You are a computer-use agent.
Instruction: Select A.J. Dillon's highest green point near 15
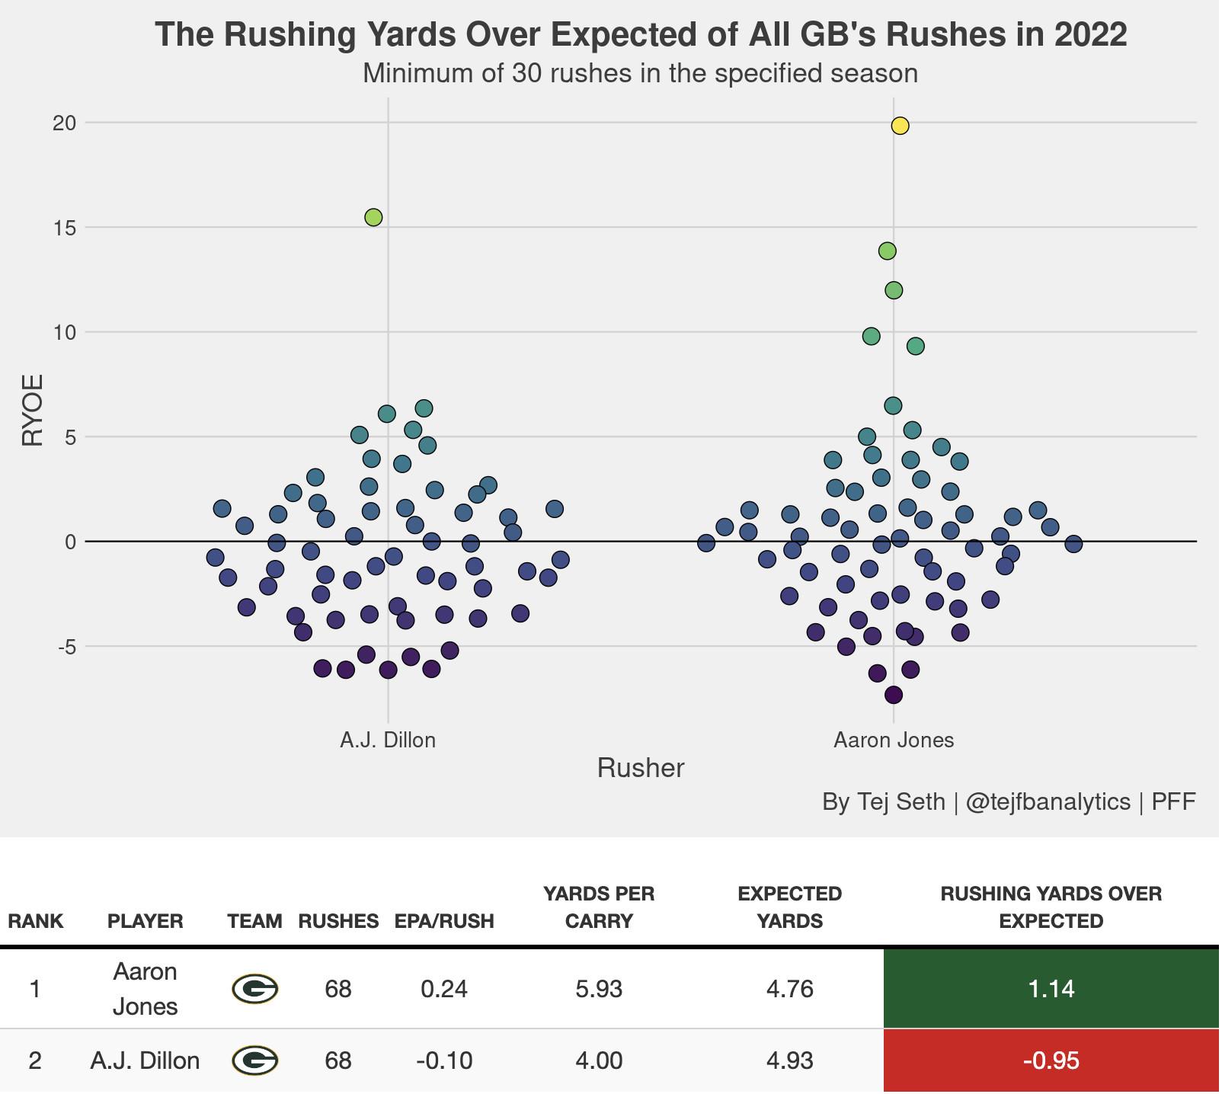[x=374, y=218]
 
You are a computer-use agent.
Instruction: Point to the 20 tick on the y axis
[x=66, y=123]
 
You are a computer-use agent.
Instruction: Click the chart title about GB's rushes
[x=641, y=35]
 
